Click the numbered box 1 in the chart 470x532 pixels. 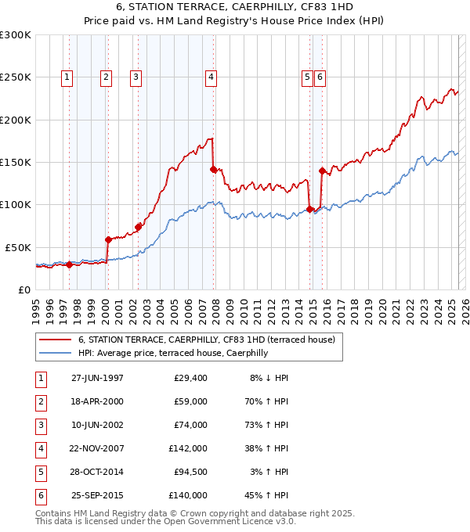[x=67, y=77]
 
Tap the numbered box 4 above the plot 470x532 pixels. [x=211, y=77]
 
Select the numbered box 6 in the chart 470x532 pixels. [x=320, y=77]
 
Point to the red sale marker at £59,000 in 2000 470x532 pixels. [x=108, y=239]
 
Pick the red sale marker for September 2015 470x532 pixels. [x=322, y=171]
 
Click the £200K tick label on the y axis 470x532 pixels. [x=16, y=120]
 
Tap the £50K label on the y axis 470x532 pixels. [x=18, y=246]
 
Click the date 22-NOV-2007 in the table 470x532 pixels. [x=97, y=448]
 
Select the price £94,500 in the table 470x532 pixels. [x=188, y=472]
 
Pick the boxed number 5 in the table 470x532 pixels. [x=40, y=472]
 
